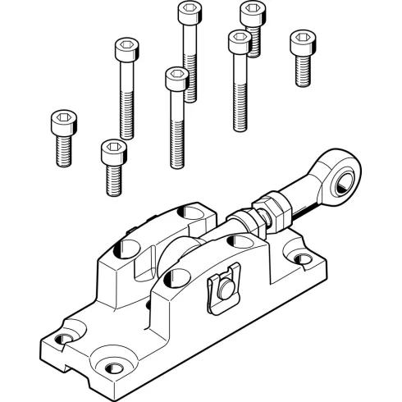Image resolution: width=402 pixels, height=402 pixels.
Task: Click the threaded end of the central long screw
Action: (x=176, y=148)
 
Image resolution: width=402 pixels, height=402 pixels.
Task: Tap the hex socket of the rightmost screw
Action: (x=301, y=39)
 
